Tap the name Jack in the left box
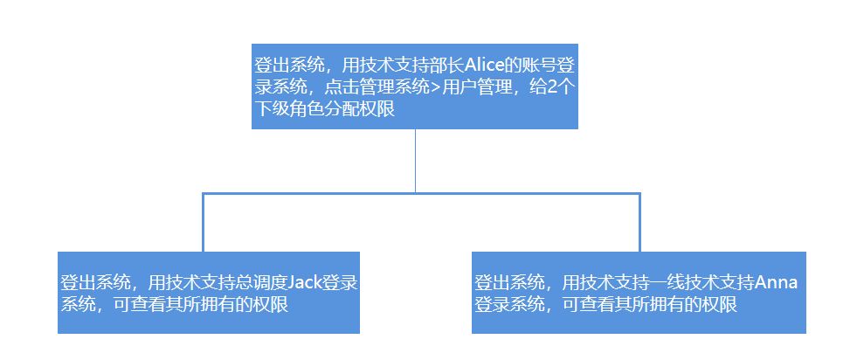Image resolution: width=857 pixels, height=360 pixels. [305, 283]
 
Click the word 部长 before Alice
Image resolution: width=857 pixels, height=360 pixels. [446, 66]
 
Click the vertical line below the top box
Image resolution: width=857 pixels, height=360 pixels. [415, 161]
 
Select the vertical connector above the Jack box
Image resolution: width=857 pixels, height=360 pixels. [203, 222]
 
